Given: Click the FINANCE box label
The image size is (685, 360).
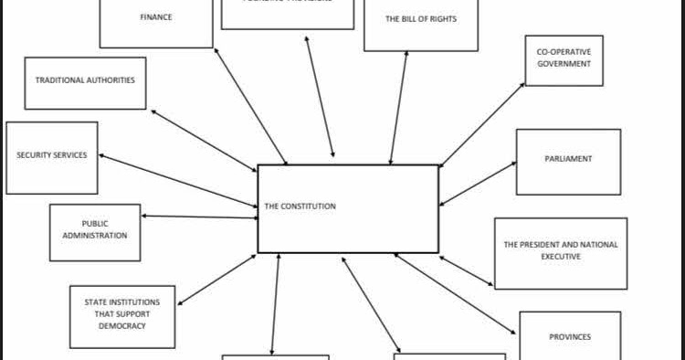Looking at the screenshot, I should (x=156, y=17).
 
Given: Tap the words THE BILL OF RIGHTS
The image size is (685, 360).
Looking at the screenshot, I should (x=420, y=19).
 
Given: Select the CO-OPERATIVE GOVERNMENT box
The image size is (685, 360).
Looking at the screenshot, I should (x=564, y=59).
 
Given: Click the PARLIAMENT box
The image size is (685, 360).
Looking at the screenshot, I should (x=568, y=160).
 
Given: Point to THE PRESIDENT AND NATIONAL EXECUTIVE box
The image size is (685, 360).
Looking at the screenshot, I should (x=560, y=251).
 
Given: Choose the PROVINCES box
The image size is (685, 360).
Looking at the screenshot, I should (x=569, y=336).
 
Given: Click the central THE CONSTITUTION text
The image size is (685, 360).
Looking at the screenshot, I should (x=300, y=206).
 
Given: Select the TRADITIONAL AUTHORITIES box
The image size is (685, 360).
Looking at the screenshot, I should (x=85, y=81).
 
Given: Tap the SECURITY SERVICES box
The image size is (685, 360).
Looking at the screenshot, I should (x=52, y=156).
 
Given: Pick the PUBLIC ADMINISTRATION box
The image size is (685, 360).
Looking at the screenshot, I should (x=95, y=230).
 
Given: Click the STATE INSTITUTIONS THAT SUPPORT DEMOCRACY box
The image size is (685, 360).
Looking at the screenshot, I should (x=122, y=314).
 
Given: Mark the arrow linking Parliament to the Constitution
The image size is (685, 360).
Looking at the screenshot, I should (x=478, y=184).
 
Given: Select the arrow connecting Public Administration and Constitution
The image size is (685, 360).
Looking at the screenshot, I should (x=199, y=217).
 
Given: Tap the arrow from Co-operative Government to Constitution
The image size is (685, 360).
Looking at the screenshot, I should (x=483, y=124).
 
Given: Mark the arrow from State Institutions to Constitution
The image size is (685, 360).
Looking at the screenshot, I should (x=217, y=280).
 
